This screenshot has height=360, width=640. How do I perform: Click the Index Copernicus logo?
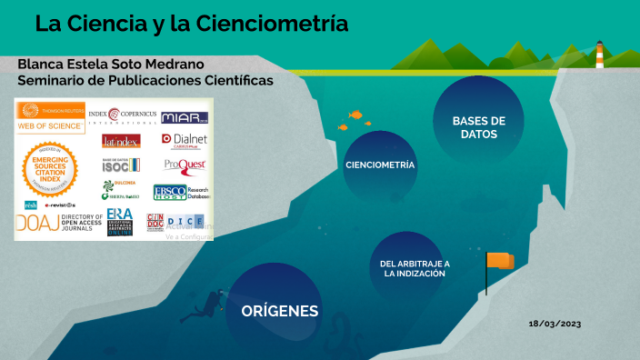121,116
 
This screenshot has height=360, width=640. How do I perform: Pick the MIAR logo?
185,117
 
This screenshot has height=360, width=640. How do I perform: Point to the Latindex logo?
120,141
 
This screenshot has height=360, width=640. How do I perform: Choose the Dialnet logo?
185,140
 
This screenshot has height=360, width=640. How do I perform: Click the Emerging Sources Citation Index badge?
50,166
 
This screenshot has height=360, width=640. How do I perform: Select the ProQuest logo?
185,165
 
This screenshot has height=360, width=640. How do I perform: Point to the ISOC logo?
121,165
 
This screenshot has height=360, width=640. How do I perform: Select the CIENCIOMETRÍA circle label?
380,165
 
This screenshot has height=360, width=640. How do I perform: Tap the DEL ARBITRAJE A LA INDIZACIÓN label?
415,268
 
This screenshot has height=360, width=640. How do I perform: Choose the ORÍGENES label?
279,311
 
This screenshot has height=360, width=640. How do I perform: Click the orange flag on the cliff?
499,261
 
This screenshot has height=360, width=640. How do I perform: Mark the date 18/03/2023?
555,324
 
